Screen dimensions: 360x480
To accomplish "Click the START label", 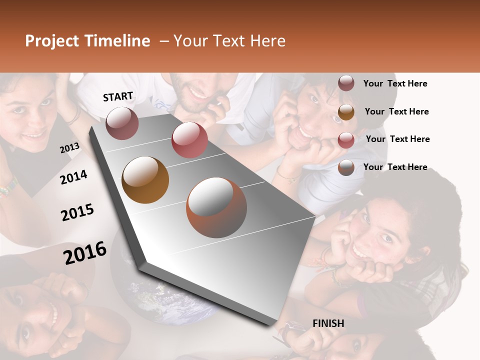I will coord(118,96).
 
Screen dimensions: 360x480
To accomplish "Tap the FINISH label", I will coord(328,323).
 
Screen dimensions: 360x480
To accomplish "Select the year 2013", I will coord(69,148).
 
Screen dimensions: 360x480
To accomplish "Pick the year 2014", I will coord(73,177).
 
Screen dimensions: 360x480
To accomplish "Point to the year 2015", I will coord(77,212).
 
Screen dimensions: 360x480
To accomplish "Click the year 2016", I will coord(85,253).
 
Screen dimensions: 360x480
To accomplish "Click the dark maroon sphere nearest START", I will coord(122,123).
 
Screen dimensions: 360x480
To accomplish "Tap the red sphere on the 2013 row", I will coord(189,139).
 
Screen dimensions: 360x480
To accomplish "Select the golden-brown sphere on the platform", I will coord(145,180).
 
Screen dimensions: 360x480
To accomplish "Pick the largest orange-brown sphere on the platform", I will coord(216,207).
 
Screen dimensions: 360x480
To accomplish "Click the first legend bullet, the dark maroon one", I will coord(346,83).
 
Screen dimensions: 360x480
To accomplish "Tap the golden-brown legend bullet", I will coord(346,112).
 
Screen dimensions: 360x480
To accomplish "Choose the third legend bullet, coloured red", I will coord(346,140).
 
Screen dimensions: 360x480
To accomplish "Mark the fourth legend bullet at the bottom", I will coord(346,167).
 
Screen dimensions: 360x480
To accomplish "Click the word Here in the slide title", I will coord(266,41).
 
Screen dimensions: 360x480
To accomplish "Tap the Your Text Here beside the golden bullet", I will coord(396,111).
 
